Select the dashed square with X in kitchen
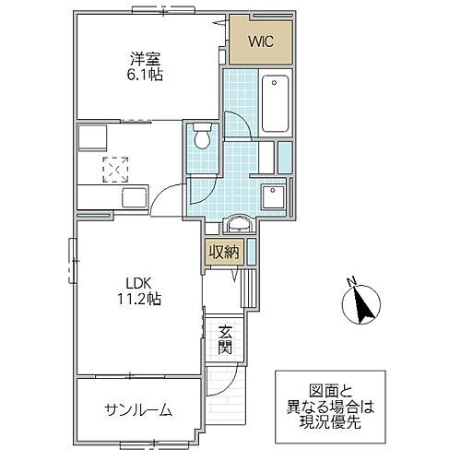pyautogui.click(x=116, y=169)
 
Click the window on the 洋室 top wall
pyautogui.click(x=153, y=10)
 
